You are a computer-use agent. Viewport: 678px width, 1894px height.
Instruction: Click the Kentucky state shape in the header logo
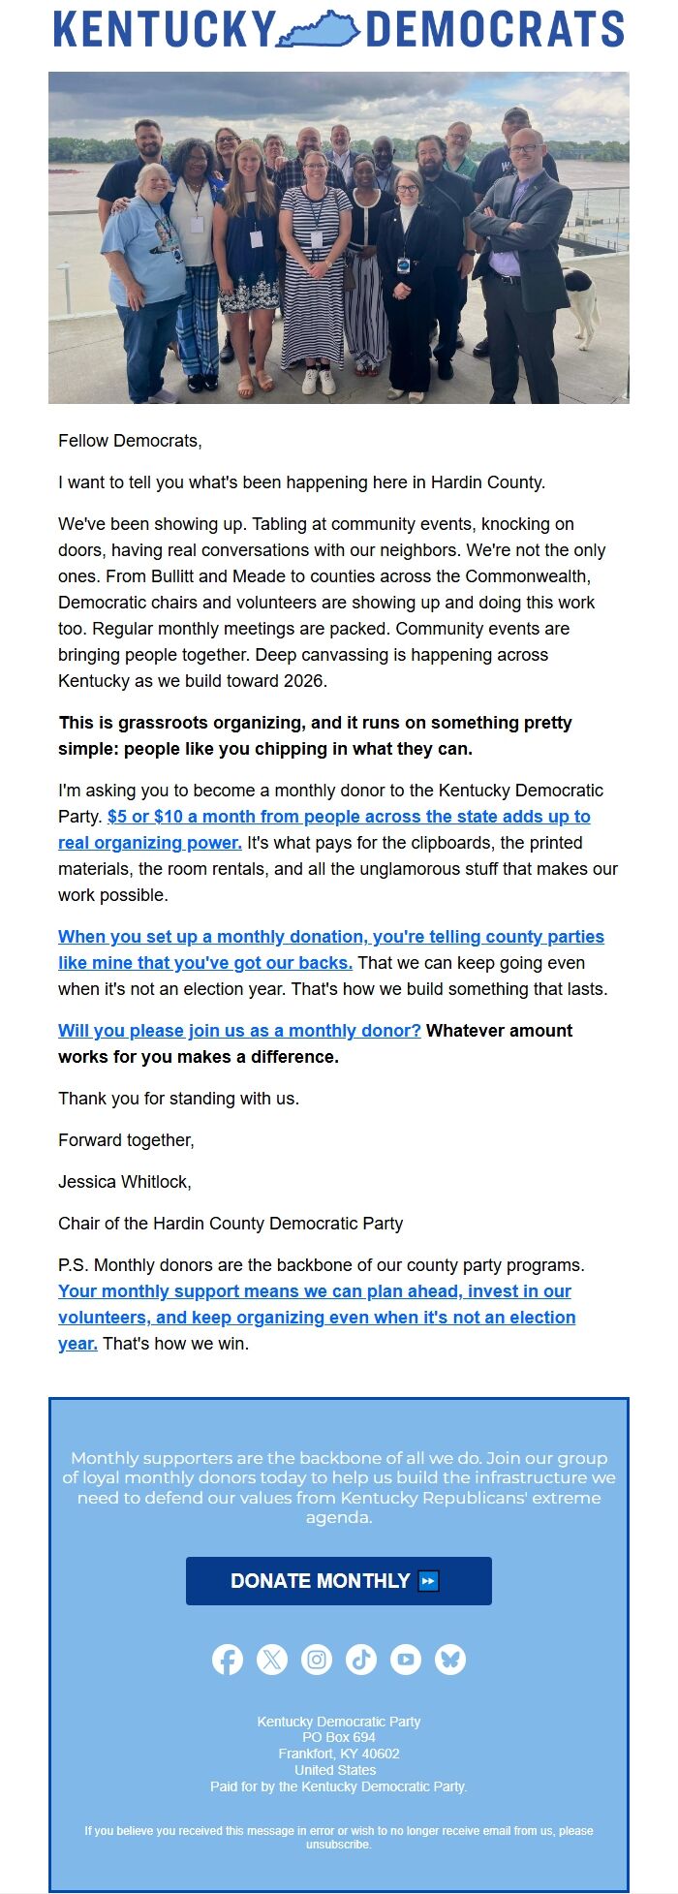pyautogui.click(x=321, y=30)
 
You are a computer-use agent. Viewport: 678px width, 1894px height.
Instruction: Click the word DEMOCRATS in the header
pyautogui.click(x=495, y=30)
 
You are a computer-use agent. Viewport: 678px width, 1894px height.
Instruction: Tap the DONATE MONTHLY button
pyautogui.click(x=338, y=1581)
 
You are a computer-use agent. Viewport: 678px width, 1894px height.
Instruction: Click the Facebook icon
pyautogui.click(x=228, y=1660)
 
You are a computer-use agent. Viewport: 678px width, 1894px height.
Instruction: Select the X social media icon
pyautogui.click(x=272, y=1660)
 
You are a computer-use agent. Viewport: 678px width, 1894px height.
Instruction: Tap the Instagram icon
pyautogui.click(x=317, y=1660)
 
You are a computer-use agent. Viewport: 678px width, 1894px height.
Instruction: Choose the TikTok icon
pyautogui.click(x=361, y=1660)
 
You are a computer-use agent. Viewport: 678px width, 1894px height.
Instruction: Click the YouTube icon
pyautogui.click(x=406, y=1660)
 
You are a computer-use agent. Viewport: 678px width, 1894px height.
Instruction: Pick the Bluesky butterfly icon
pyautogui.click(x=450, y=1660)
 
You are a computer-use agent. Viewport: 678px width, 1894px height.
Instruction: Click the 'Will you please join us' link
pyautogui.click(x=239, y=1031)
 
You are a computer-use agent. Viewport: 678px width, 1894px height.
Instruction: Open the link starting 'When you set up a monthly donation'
pyautogui.click(x=330, y=937)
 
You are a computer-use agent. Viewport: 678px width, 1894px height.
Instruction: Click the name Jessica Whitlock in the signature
pyautogui.click(x=124, y=1182)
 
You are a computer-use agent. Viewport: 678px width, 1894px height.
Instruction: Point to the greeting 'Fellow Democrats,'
pyautogui.click(x=130, y=441)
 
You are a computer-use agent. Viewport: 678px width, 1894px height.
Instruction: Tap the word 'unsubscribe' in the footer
pyautogui.click(x=338, y=1845)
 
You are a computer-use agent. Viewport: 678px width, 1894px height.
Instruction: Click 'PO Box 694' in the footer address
pyautogui.click(x=338, y=1737)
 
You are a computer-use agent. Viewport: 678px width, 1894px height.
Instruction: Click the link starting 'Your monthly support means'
pyautogui.click(x=315, y=1291)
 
